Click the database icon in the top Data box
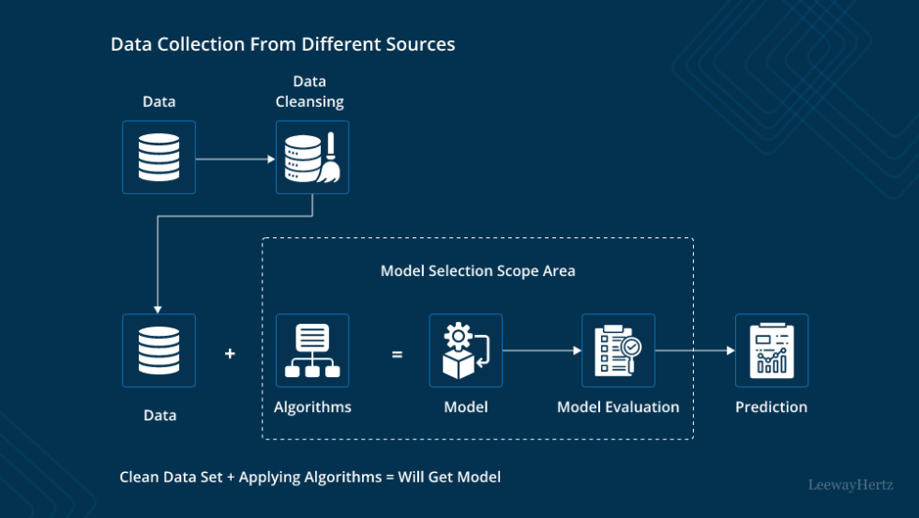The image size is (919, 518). (158, 157)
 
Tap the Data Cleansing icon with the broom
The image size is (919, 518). (312, 157)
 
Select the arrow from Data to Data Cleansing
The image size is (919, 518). (234, 159)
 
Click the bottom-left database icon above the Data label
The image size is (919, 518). (158, 350)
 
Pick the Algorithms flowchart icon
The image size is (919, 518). (312, 350)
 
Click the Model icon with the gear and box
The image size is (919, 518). (465, 350)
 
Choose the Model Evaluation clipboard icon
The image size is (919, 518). (618, 350)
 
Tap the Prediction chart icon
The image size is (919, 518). (771, 350)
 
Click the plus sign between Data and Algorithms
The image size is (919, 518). (230, 354)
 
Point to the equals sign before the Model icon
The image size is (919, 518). (397, 354)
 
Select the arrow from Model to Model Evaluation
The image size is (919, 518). (542, 351)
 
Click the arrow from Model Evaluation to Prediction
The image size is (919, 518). (695, 351)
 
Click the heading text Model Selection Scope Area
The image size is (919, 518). (477, 271)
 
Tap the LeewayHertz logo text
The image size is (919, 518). (851, 485)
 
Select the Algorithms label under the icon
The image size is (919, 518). (312, 407)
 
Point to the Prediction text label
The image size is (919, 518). (771, 407)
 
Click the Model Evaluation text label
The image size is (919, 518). (618, 407)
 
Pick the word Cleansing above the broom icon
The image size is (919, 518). (309, 101)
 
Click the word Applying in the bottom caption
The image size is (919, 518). (269, 477)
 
